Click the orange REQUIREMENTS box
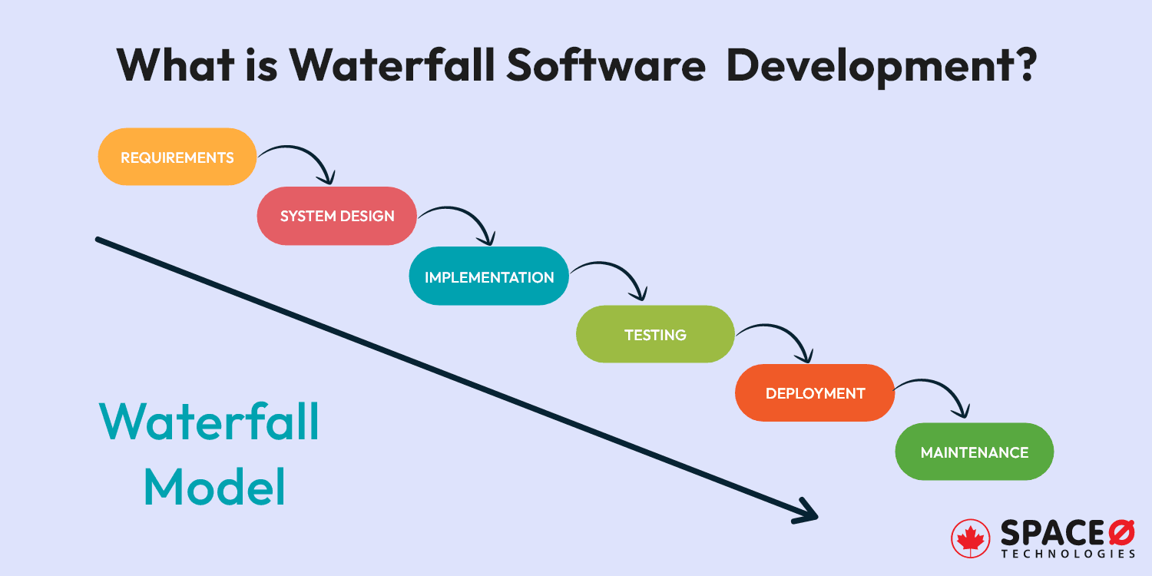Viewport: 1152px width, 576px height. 177,157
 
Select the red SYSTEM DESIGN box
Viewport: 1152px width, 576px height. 336,216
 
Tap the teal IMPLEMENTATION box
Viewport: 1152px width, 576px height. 489,276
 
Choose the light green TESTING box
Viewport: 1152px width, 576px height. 655,334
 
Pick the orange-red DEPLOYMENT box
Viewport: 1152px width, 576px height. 815,392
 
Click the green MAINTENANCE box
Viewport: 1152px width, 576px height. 974,452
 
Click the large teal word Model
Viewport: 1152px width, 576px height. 214,487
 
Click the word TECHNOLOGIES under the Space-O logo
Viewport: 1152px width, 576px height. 1068,554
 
